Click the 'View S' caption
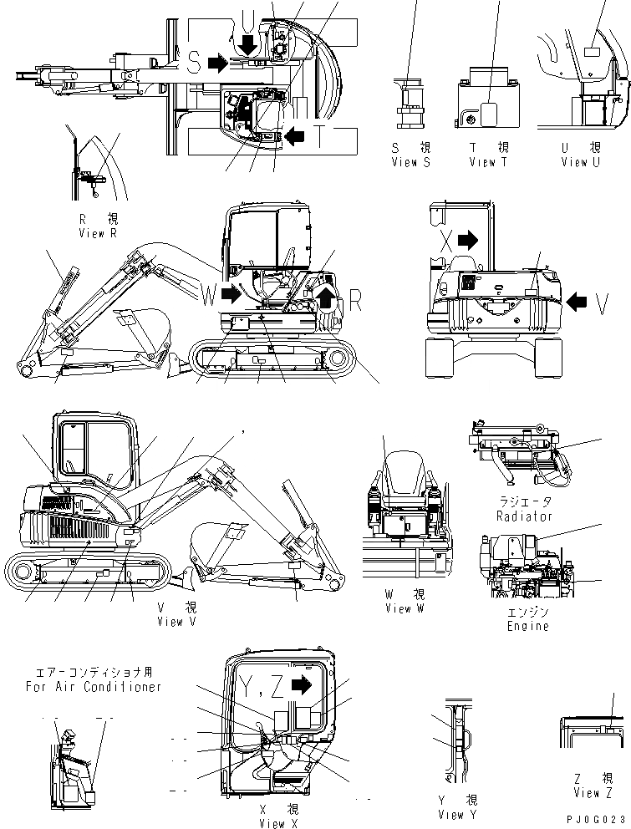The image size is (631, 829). (410, 162)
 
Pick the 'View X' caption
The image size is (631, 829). (272, 823)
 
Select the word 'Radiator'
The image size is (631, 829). (524, 516)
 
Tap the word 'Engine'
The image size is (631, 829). (528, 626)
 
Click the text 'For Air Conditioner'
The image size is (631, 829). (94, 686)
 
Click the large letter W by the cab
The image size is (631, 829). (209, 293)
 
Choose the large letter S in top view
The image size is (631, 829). (192, 64)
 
